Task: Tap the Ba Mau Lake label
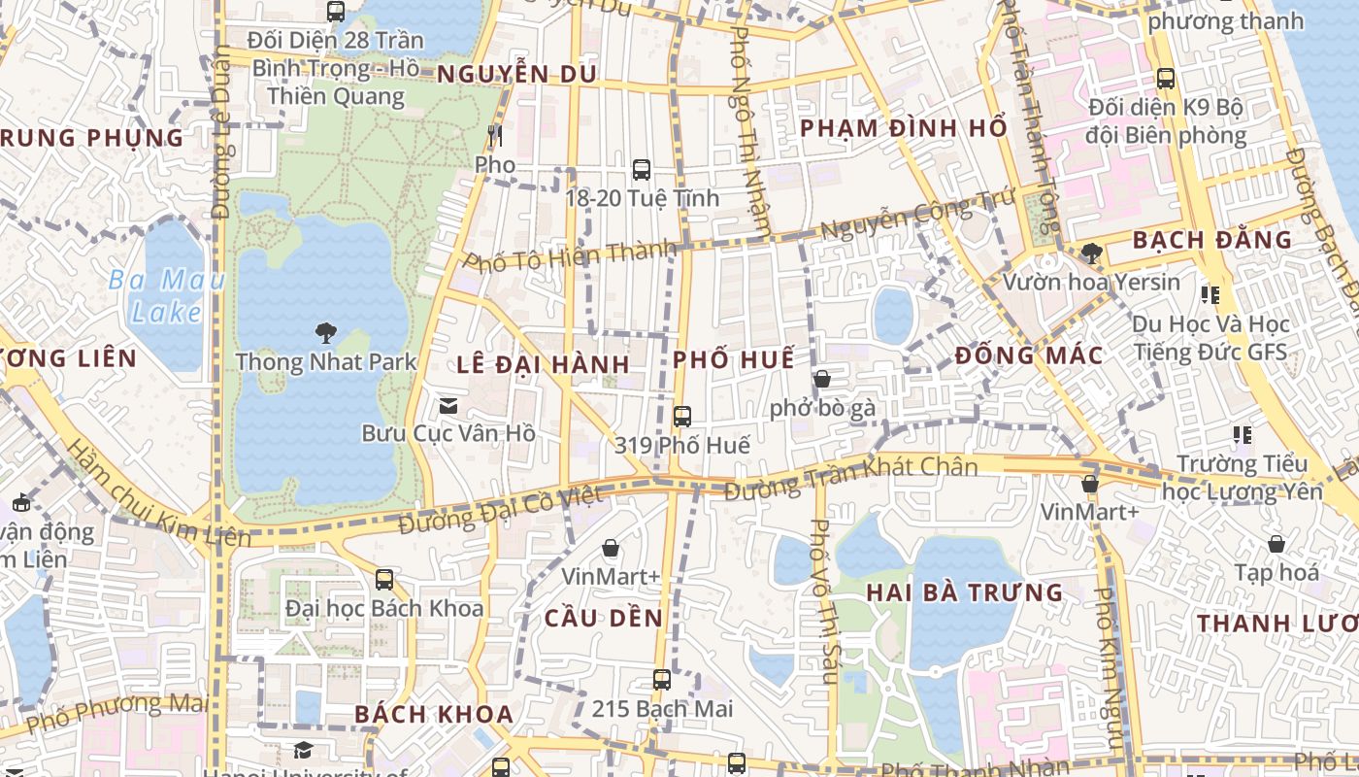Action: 167,296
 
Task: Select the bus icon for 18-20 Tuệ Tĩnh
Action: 642,170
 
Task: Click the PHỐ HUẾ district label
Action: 734,359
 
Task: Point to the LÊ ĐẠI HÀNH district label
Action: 544,365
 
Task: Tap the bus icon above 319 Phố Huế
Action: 682,417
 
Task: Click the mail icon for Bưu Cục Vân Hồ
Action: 448,405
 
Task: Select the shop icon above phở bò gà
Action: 822,379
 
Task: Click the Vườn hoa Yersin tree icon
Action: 1091,253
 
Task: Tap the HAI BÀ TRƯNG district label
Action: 965,592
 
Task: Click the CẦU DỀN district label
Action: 604,619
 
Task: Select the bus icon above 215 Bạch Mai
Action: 662,680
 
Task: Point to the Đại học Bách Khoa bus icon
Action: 384,580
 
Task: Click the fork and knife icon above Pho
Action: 495,136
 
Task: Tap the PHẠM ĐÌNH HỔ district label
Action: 903,128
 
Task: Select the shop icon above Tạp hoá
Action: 1276,544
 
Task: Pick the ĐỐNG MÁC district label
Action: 1029,355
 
